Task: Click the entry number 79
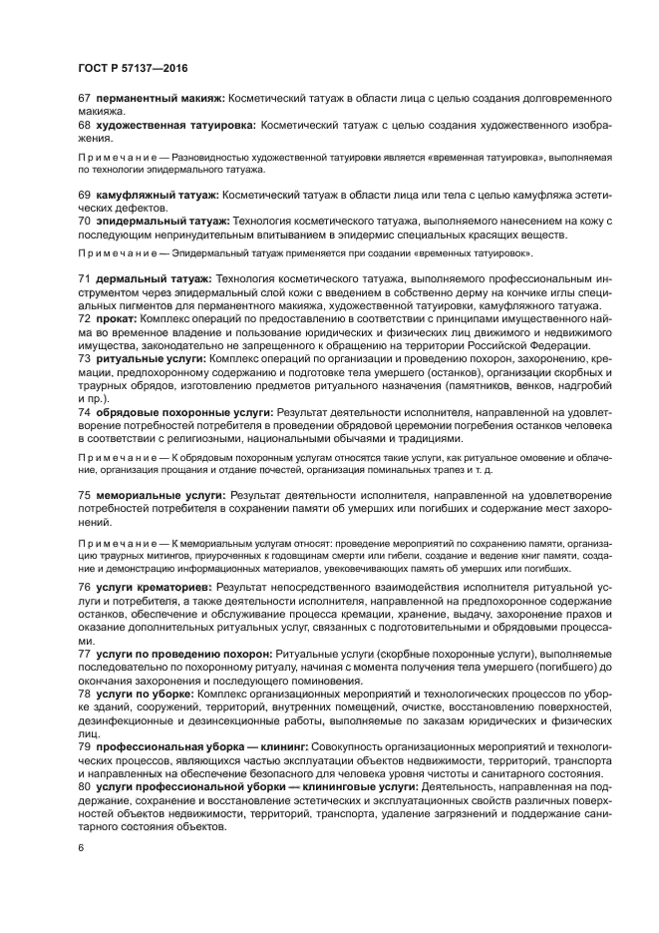pyautogui.click(x=84, y=744)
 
